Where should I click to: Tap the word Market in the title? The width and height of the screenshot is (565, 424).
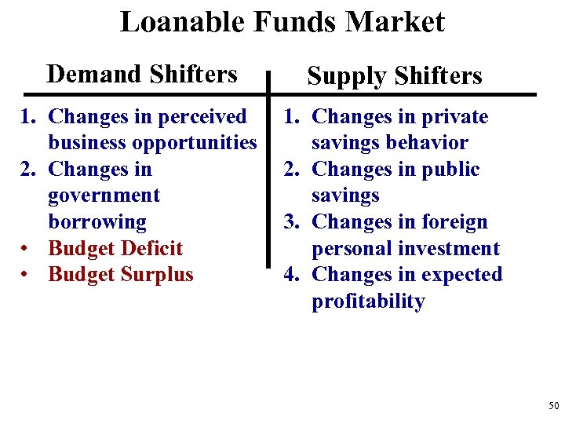399,21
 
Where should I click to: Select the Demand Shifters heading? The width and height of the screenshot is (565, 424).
142,74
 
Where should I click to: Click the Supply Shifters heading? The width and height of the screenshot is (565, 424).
395,76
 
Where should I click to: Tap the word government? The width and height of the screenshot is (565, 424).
104,196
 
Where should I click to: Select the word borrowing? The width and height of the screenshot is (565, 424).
97,222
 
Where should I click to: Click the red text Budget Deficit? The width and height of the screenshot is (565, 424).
115,248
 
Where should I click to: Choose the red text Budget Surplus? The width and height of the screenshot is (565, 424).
121,275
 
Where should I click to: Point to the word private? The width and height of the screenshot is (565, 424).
455,117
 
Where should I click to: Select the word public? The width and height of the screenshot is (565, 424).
451,170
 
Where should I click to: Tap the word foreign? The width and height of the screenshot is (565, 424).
452,222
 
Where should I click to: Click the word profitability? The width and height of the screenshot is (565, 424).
368,302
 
